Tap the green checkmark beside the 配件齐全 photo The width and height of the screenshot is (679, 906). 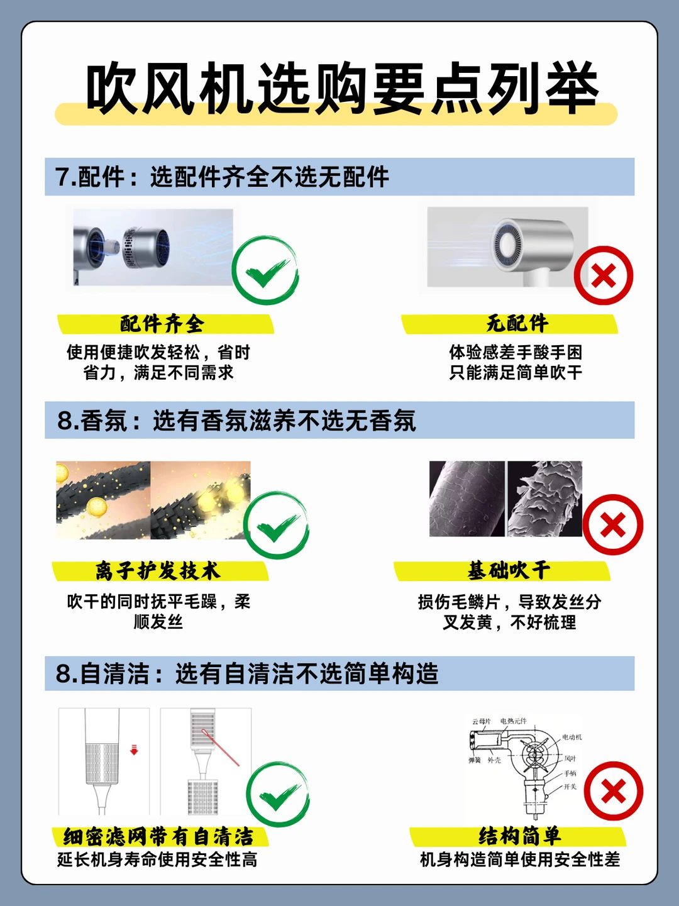265,270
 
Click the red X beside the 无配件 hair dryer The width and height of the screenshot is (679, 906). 604,275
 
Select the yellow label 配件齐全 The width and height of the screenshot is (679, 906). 162,324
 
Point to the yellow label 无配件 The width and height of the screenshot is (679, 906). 517,323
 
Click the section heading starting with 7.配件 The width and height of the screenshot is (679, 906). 222,177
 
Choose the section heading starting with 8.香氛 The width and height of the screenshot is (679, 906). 236,421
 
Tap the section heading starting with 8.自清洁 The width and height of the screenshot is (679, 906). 247,673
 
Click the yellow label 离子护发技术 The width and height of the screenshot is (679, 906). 158,572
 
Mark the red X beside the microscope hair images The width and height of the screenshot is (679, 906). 613,524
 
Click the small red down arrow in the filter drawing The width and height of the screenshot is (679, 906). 134,749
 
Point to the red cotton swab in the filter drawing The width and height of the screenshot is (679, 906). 221,748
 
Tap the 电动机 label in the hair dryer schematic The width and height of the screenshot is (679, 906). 571,737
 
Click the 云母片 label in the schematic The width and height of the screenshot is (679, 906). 482,721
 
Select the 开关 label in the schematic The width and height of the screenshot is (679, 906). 570,787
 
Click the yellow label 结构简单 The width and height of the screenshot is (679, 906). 520,836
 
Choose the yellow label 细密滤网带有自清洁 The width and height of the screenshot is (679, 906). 158,837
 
